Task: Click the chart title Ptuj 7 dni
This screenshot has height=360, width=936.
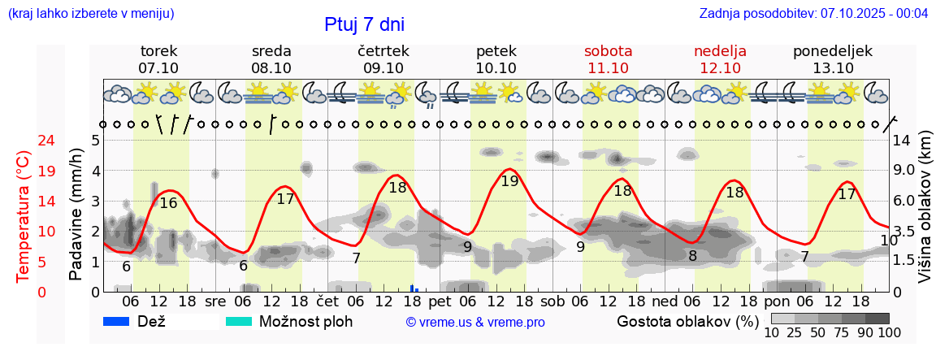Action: coord(364,24)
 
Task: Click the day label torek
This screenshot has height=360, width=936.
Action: coord(158,51)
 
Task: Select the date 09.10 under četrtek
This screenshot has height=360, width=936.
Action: coord(383,68)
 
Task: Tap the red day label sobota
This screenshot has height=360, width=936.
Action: coord(608,51)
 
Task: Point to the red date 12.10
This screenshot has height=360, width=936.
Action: coord(720,68)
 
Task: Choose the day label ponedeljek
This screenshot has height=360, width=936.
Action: coord(833,51)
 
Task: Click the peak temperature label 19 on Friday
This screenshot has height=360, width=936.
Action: coord(509,181)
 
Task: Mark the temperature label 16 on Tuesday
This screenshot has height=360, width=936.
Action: coord(168,203)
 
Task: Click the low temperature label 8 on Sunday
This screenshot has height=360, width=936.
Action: coord(692,256)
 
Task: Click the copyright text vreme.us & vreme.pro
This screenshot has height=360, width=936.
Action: coord(475,322)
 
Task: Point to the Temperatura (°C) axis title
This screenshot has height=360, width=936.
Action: coord(24,216)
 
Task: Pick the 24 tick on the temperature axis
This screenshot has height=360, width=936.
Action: coord(24,141)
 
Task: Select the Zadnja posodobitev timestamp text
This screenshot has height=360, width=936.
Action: coord(813,14)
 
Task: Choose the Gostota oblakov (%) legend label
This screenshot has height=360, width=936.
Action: coord(687,321)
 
